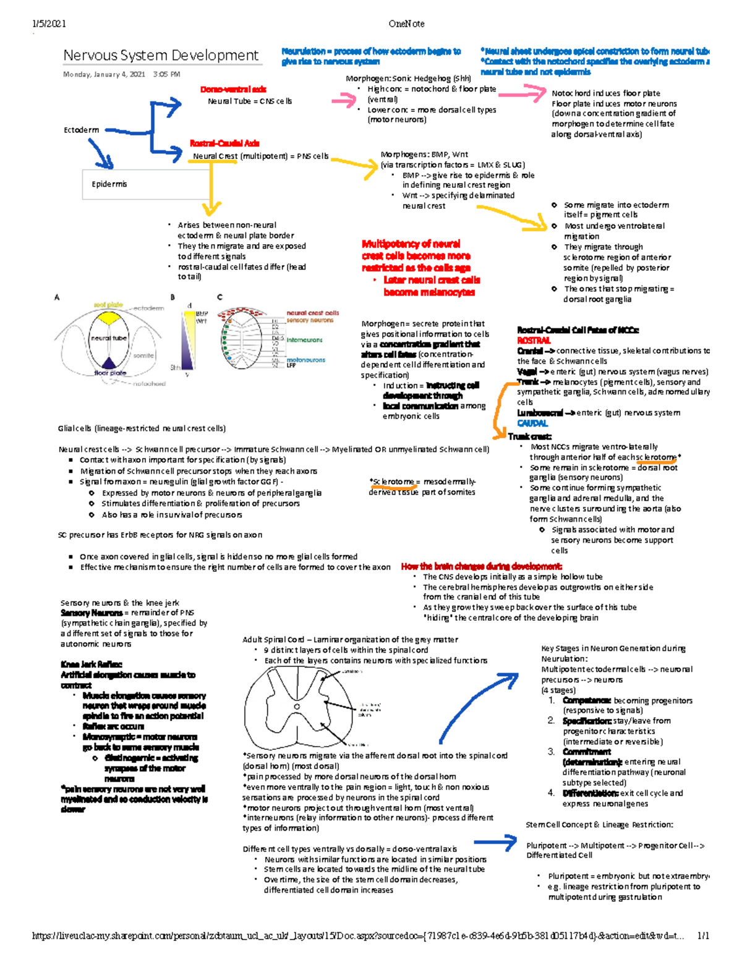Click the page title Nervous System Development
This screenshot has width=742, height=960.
pyautogui.click(x=161, y=56)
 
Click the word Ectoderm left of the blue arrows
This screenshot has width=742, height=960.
pyautogui.click(x=81, y=130)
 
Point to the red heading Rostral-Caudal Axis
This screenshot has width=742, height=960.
pyautogui.click(x=224, y=143)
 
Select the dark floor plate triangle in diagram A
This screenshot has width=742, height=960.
pyautogui.click(x=109, y=363)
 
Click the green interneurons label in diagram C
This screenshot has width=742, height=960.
pyautogui.click(x=304, y=340)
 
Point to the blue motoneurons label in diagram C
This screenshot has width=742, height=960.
pyautogui.click(x=305, y=360)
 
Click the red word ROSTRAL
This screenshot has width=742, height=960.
pyautogui.click(x=534, y=341)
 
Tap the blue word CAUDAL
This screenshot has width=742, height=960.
pyautogui.click(x=532, y=423)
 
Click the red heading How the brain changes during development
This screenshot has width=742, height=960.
pyautogui.click(x=481, y=566)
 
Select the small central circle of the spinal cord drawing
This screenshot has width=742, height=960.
pyautogui.click(x=297, y=706)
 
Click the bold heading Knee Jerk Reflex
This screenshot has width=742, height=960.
pyautogui.click(x=91, y=665)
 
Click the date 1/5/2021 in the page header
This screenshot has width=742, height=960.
pyautogui.click(x=49, y=24)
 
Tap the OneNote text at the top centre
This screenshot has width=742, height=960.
pyautogui.click(x=406, y=24)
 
